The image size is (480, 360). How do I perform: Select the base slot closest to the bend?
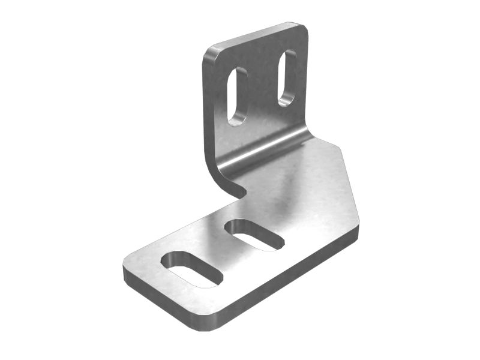click(x=254, y=234)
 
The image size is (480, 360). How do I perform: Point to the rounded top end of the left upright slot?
click(x=238, y=73)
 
